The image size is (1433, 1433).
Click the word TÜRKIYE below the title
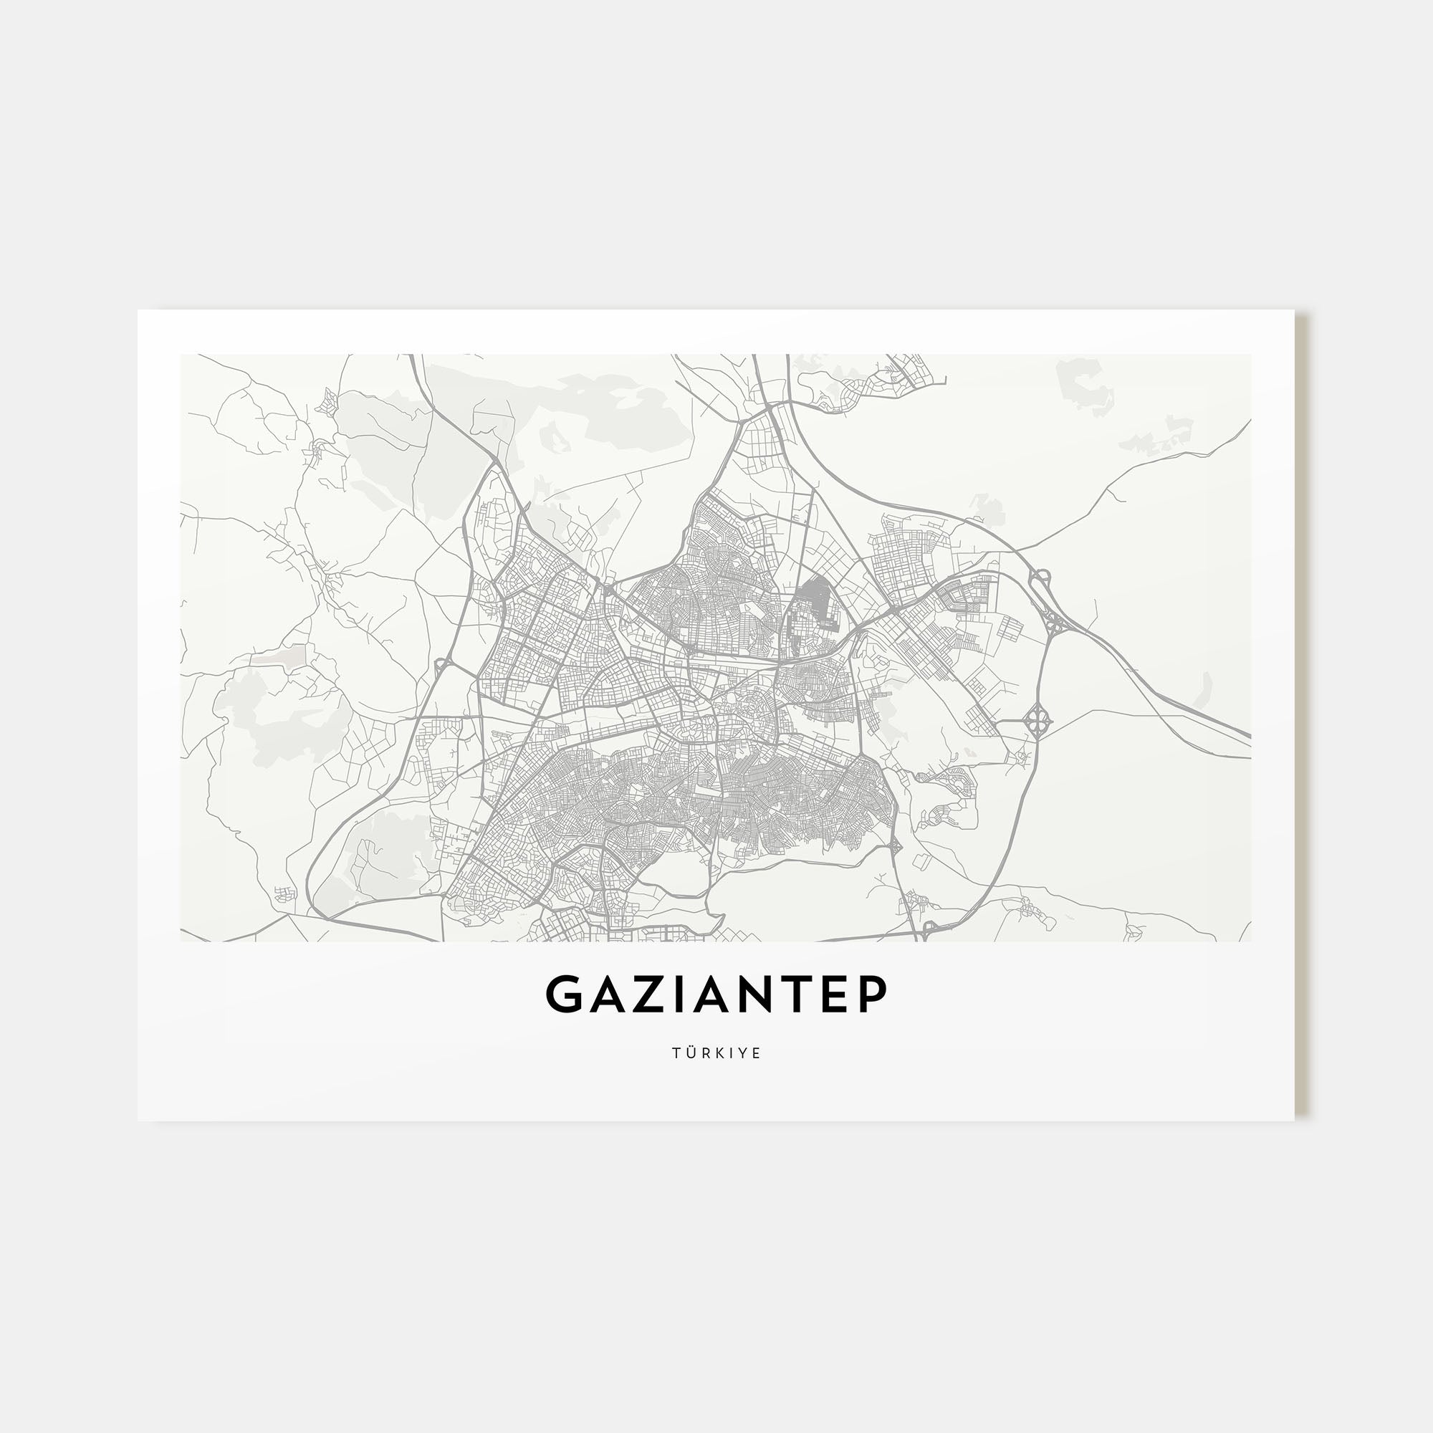pos(716,1053)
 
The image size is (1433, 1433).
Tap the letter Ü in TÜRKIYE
pos(690,1053)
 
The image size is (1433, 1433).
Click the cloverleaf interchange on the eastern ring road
pos(1036,718)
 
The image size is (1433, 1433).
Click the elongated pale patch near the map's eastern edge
pos(1205,691)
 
